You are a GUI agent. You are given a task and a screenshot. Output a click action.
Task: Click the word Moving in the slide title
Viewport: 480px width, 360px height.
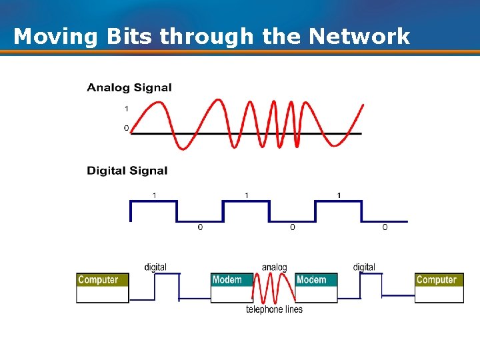pos(56,36)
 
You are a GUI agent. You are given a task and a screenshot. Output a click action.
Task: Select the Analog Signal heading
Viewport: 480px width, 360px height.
pos(129,87)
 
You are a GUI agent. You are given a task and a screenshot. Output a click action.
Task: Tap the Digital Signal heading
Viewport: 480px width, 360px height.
pos(127,171)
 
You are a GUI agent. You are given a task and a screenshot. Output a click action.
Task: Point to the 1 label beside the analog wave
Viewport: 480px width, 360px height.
pos(126,108)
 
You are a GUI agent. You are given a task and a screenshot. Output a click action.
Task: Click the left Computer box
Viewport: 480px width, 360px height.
pos(102,287)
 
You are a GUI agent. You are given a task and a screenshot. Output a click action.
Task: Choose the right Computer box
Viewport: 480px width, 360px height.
pos(439,287)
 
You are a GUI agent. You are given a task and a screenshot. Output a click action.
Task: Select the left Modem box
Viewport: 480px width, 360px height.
pos(231,287)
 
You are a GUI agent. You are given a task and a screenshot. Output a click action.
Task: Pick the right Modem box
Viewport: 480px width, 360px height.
pos(316,287)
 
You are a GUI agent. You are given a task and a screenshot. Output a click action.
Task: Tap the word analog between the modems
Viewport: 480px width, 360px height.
pos(274,267)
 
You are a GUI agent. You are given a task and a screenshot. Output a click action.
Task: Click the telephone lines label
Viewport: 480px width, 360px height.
pos(274,309)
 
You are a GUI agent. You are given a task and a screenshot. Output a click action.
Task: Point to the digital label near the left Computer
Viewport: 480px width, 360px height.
pos(155,267)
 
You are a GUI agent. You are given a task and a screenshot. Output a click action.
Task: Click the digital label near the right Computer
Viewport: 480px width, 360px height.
pos(364,267)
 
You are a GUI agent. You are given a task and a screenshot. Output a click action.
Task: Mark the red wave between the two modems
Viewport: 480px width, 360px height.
pos(273,291)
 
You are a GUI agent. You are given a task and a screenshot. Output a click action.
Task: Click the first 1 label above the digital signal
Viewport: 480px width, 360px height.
pos(155,195)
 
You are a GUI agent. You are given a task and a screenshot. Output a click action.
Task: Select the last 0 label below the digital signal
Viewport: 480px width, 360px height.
pos(385,228)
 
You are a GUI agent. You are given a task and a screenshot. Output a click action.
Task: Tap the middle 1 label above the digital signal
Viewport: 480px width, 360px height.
pos(247,195)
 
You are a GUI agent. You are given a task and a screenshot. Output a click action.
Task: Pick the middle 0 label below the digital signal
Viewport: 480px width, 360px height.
pos(292,228)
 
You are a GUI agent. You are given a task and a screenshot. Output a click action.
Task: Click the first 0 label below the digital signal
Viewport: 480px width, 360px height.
pos(200,228)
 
